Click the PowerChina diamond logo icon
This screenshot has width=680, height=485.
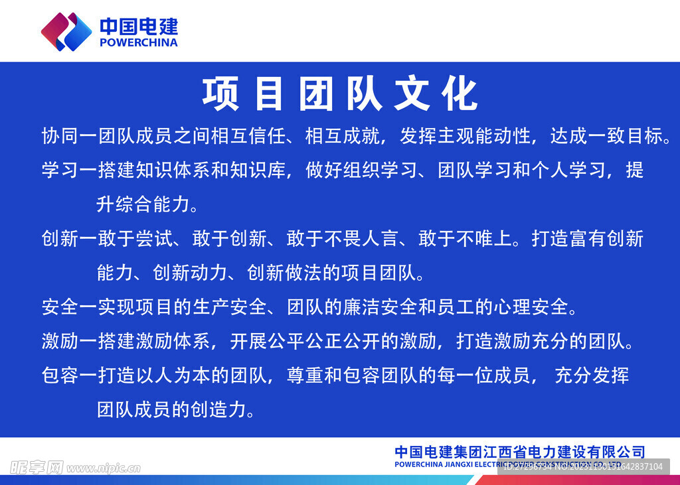pyautogui.click(x=66, y=31)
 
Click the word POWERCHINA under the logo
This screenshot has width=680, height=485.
pyautogui.click(x=138, y=42)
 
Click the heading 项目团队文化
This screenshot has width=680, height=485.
pyautogui.click(x=339, y=95)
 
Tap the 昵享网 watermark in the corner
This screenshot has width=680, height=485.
pyautogui.click(x=37, y=468)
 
